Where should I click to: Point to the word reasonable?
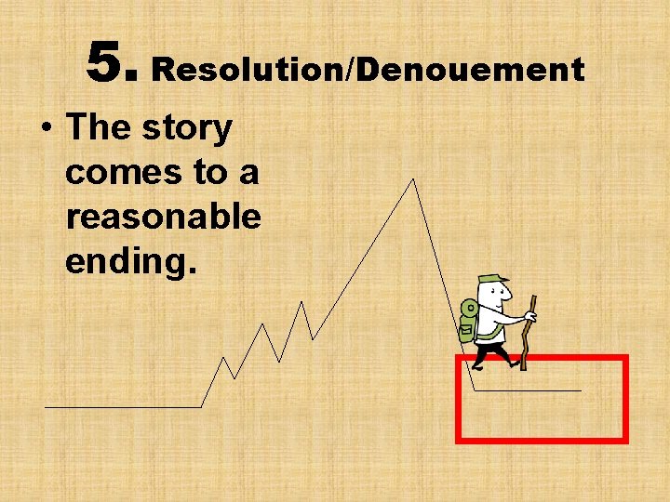163,217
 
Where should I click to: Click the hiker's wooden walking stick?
529,335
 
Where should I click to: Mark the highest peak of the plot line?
413,179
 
